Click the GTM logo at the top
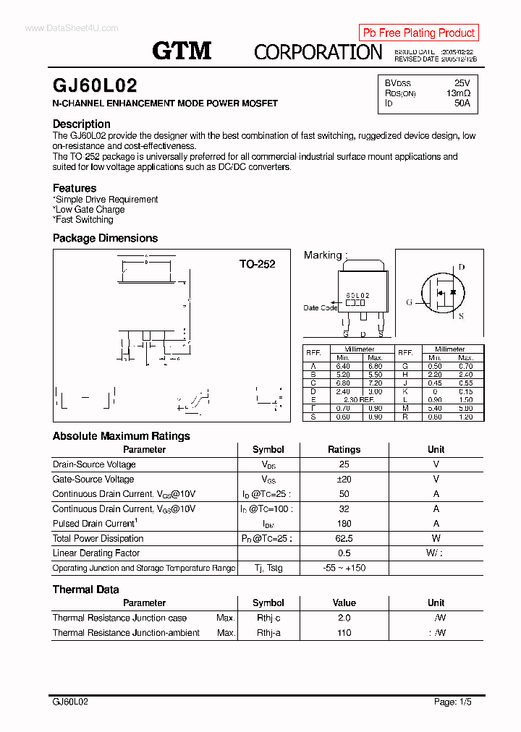[182, 50]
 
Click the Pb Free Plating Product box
[418, 33]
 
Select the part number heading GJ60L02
[95, 85]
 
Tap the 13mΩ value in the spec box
[458, 93]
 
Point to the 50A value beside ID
[462, 103]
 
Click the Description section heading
[82, 124]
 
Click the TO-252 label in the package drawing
[257, 264]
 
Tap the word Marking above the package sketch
[323, 255]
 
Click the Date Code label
[320, 308]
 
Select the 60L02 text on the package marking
[357, 296]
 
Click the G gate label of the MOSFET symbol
[409, 302]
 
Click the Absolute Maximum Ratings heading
[122, 436]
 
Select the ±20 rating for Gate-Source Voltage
[344, 479]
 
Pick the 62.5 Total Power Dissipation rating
[344, 538]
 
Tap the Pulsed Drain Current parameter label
[94, 523]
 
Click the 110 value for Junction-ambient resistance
[344, 633]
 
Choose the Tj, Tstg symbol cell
[268, 568]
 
